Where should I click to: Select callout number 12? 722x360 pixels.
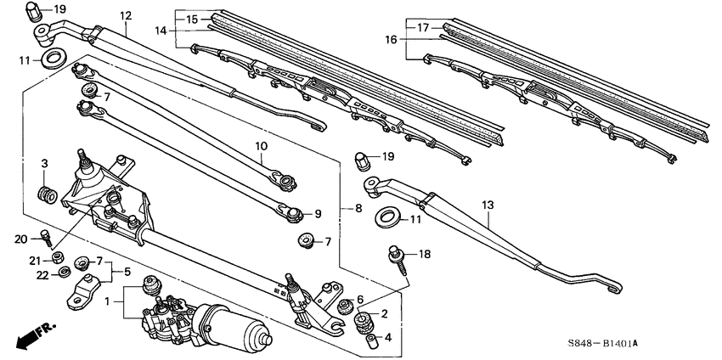coord(126,15)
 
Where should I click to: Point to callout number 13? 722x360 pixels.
coord(487,205)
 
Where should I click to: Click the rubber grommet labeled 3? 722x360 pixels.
coord(49,194)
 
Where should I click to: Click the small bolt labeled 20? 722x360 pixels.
coord(48,239)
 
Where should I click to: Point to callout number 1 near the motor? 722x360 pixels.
coord(107,301)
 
